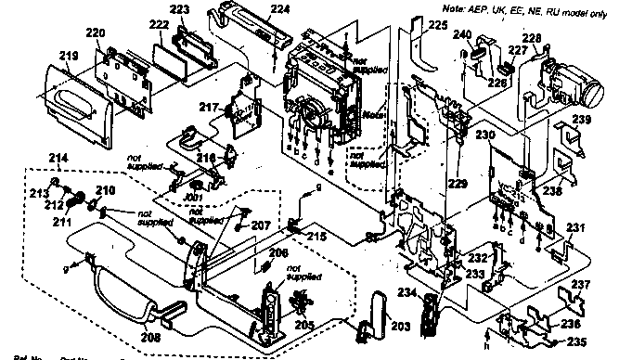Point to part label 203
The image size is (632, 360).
coord(399,327)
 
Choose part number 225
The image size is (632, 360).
coord(439,25)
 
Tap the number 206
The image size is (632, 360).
coord(278,252)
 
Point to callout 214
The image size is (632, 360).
coord(58,160)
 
